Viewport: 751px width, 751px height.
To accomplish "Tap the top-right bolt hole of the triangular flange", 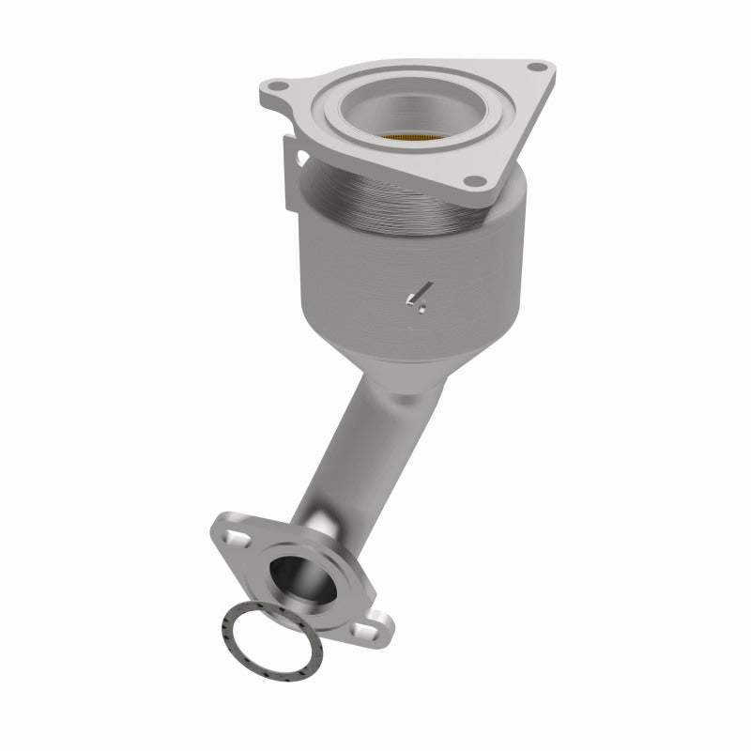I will coord(536,68).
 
